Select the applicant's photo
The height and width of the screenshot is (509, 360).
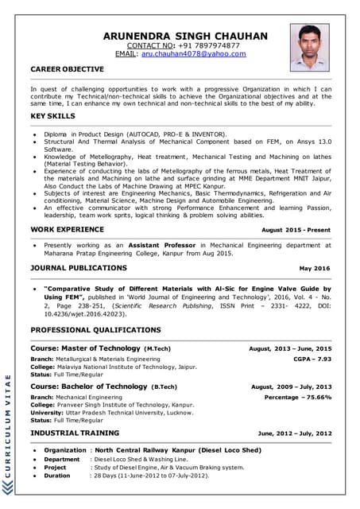click(309, 47)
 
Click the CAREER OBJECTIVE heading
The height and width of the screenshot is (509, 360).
click(67, 69)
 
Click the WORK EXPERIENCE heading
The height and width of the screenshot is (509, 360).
click(67, 228)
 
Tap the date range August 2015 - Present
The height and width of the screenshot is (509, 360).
click(296, 229)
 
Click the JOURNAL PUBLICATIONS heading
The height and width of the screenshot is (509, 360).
click(78, 268)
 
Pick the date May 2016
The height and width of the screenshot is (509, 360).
click(315, 269)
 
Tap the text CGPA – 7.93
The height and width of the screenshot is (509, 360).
click(312, 359)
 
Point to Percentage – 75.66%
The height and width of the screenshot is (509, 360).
click(298, 396)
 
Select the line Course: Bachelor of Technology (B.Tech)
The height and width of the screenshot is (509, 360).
click(103, 387)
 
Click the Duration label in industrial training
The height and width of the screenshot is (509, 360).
click(56, 476)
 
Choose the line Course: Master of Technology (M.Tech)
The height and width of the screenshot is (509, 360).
click(100, 348)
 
